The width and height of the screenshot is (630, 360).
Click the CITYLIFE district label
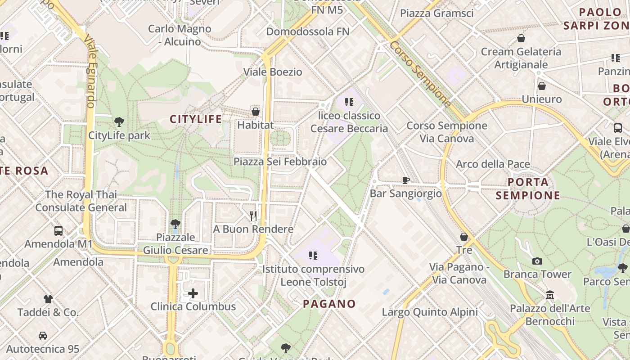pos(196,119)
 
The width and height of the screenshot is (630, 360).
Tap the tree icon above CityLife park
pos(119,121)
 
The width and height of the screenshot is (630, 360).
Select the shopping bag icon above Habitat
pos(256,111)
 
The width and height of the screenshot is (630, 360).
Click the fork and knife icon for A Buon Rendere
pos(253,216)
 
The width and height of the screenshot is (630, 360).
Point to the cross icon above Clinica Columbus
pos(193,294)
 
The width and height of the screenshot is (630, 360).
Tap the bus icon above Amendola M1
pos(58,231)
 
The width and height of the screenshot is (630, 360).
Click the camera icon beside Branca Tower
pos(537,261)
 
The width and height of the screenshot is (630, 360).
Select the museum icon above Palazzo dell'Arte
pos(550,295)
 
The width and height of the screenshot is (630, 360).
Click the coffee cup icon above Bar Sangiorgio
pos(405,180)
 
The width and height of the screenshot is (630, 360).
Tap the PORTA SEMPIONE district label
pos(528,189)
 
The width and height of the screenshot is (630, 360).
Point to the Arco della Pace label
pos(493,164)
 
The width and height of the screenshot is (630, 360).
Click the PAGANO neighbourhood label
pos(329,304)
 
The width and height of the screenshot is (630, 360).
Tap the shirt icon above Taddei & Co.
pos(48,299)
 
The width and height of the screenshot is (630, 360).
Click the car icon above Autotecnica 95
pos(43,336)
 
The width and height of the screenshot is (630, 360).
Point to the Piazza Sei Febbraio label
pos(280,161)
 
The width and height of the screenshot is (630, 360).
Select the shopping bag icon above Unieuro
pos(542,86)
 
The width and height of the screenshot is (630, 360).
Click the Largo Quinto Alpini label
pos(430,312)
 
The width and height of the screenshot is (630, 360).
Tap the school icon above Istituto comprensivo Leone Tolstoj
pos(313,256)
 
